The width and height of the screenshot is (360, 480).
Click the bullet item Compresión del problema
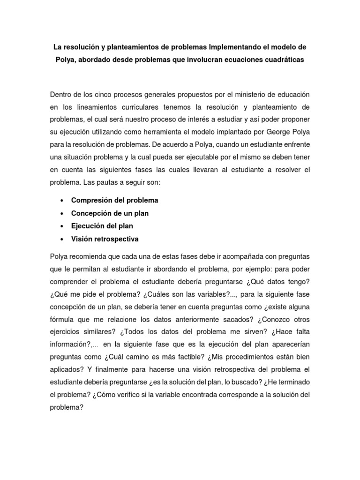click(x=114, y=200)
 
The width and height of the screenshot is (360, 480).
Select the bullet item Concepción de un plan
click(x=110, y=213)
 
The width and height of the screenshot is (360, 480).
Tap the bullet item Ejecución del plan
click(x=102, y=226)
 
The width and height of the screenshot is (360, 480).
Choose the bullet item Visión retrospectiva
click(x=105, y=239)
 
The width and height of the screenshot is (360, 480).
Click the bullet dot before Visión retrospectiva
click(x=62, y=240)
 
